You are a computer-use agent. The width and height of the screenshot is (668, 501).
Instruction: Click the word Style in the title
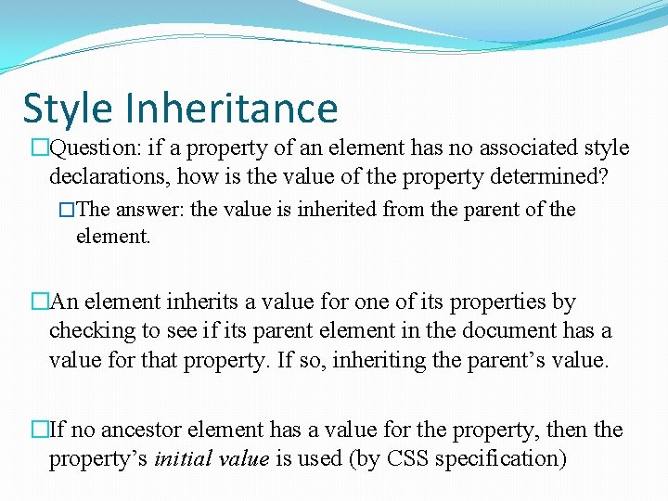pyautogui.click(x=69, y=108)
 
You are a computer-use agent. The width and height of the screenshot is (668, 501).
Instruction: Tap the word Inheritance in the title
pyautogui.click(x=232, y=108)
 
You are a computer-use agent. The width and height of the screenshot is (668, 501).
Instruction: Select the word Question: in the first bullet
pyautogui.click(x=92, y=148)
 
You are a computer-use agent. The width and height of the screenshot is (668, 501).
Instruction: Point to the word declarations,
pyautogui.click(x=110, y=175)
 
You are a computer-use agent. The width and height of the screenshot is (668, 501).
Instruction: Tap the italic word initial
pyautogui.click(x=186, y=458)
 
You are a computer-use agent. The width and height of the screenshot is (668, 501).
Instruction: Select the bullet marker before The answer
pyautogui.click(x=66, y=211)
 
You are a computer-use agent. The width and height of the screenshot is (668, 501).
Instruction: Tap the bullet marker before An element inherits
pyautogui.click(x=40, y=302)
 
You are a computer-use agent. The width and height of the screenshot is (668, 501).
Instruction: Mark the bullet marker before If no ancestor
pyautogui.click(x=40, y=430)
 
